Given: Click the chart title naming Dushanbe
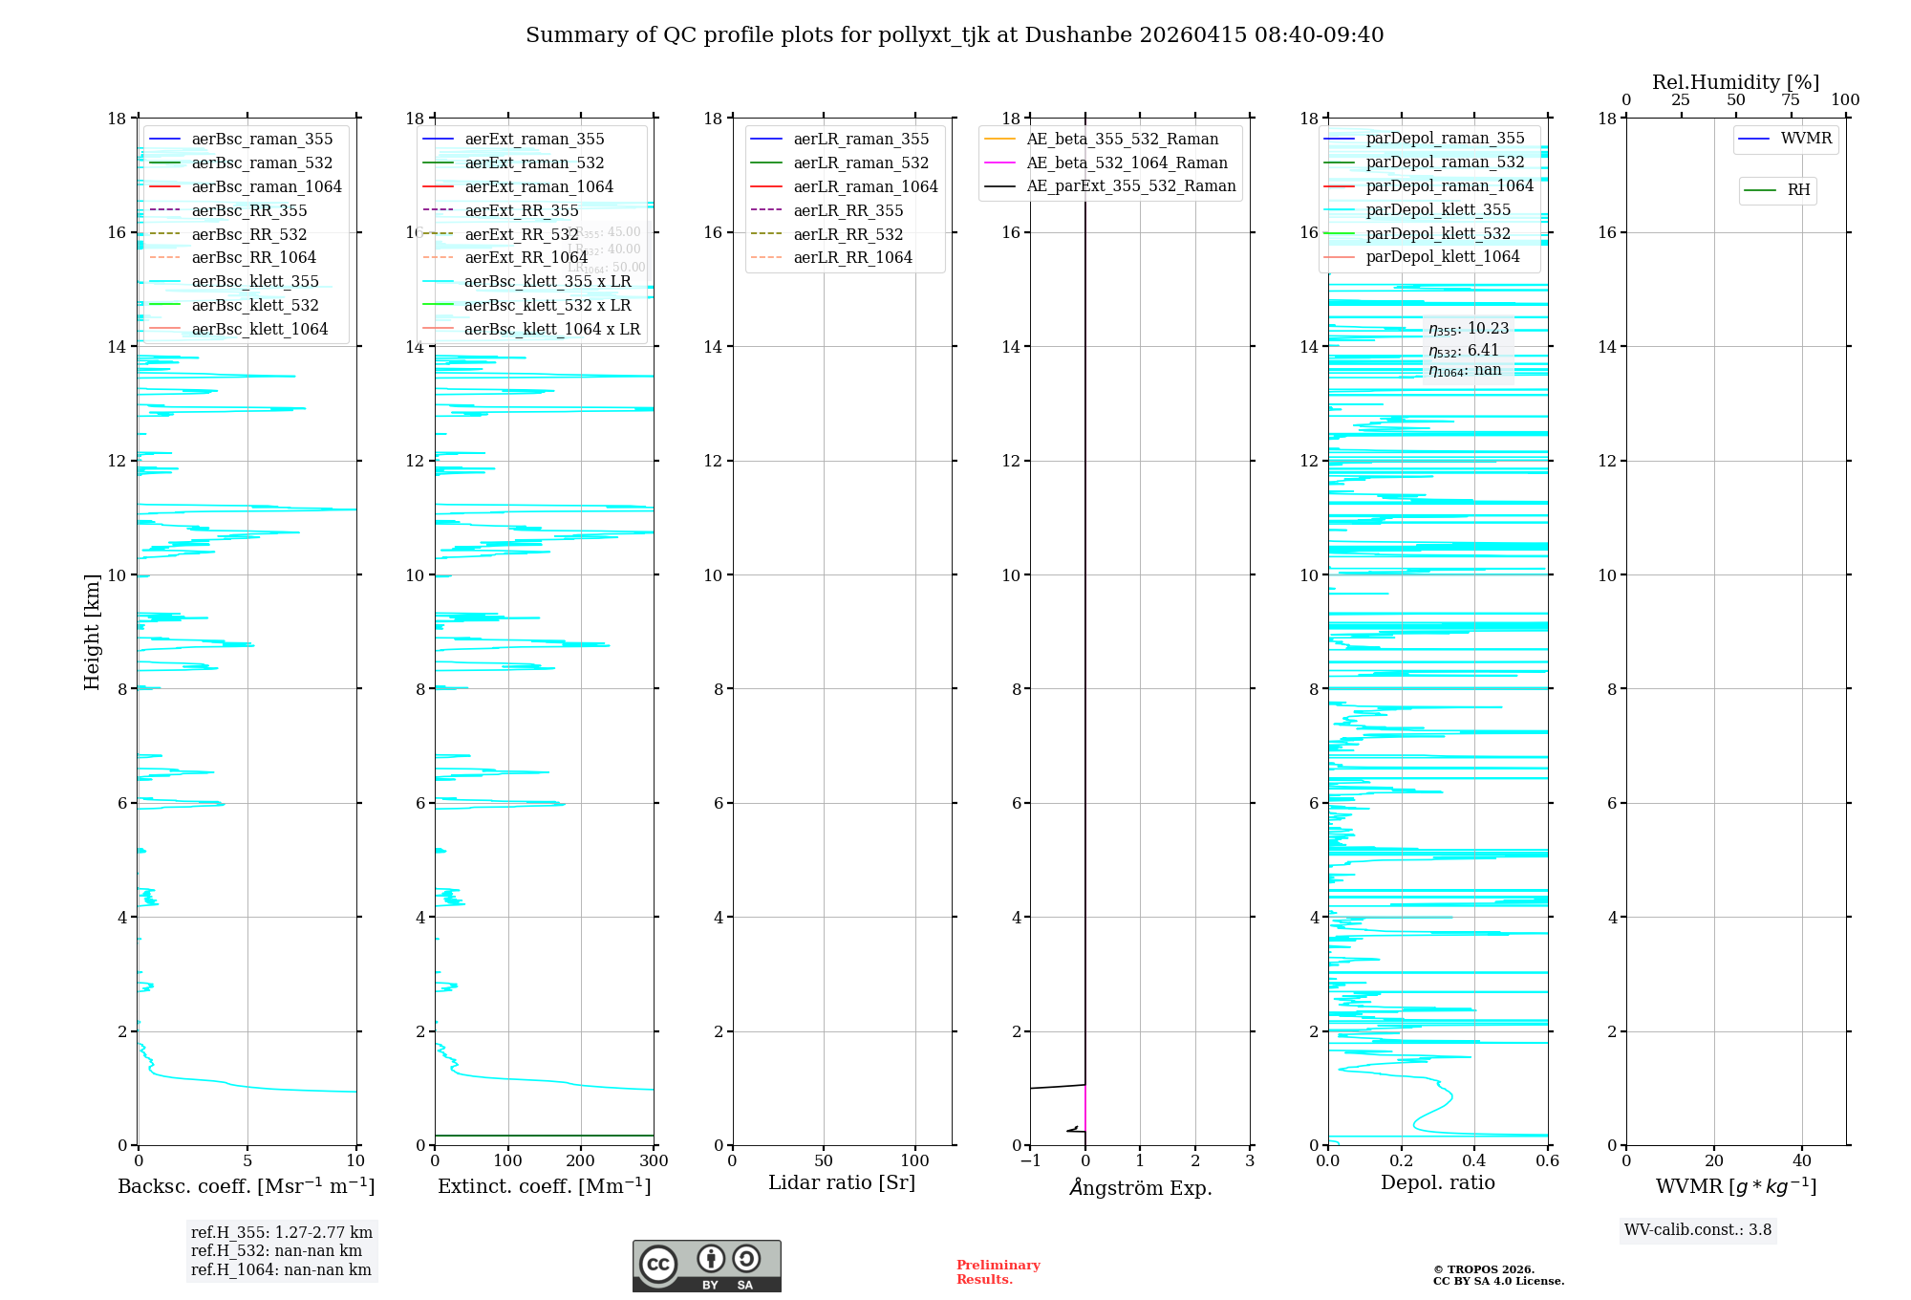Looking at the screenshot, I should coord(954,35).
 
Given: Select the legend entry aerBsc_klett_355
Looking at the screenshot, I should coord(254,282).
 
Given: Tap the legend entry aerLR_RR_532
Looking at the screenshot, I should coord(848,235).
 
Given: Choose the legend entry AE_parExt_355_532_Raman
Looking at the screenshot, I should coord(1130,186).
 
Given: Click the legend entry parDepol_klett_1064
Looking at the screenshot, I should coord(1442,257).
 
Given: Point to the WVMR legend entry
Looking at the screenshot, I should coord(1806,140).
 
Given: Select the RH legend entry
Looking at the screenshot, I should coord(1798,190).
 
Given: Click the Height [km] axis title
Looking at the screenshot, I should coord(92,631).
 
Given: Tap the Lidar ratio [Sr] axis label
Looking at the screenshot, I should coord(842,1183).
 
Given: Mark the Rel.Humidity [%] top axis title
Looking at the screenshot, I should coord(1735,82).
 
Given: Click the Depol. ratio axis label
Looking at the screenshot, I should coord(1437,1183).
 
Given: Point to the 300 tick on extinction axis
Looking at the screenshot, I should coord(654,1161).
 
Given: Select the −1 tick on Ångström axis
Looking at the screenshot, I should coord(1030,1161).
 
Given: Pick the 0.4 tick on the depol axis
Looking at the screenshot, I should coord(1474,1161).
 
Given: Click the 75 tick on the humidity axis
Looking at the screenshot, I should coord(1790,100).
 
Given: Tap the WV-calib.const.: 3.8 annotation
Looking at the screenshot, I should coord(1698,1230).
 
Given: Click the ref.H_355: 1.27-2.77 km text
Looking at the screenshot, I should coord(281,1233).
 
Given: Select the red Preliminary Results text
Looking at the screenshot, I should coord(998,1272).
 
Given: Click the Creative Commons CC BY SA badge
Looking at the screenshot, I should coord(706,1266).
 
